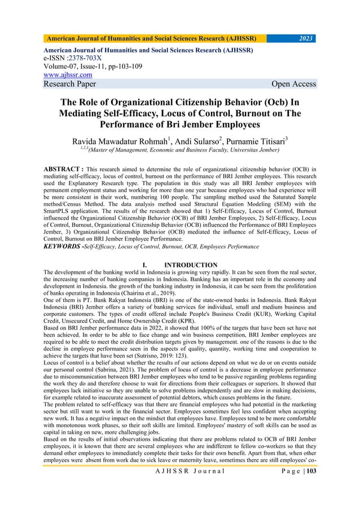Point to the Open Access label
(293, 84)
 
